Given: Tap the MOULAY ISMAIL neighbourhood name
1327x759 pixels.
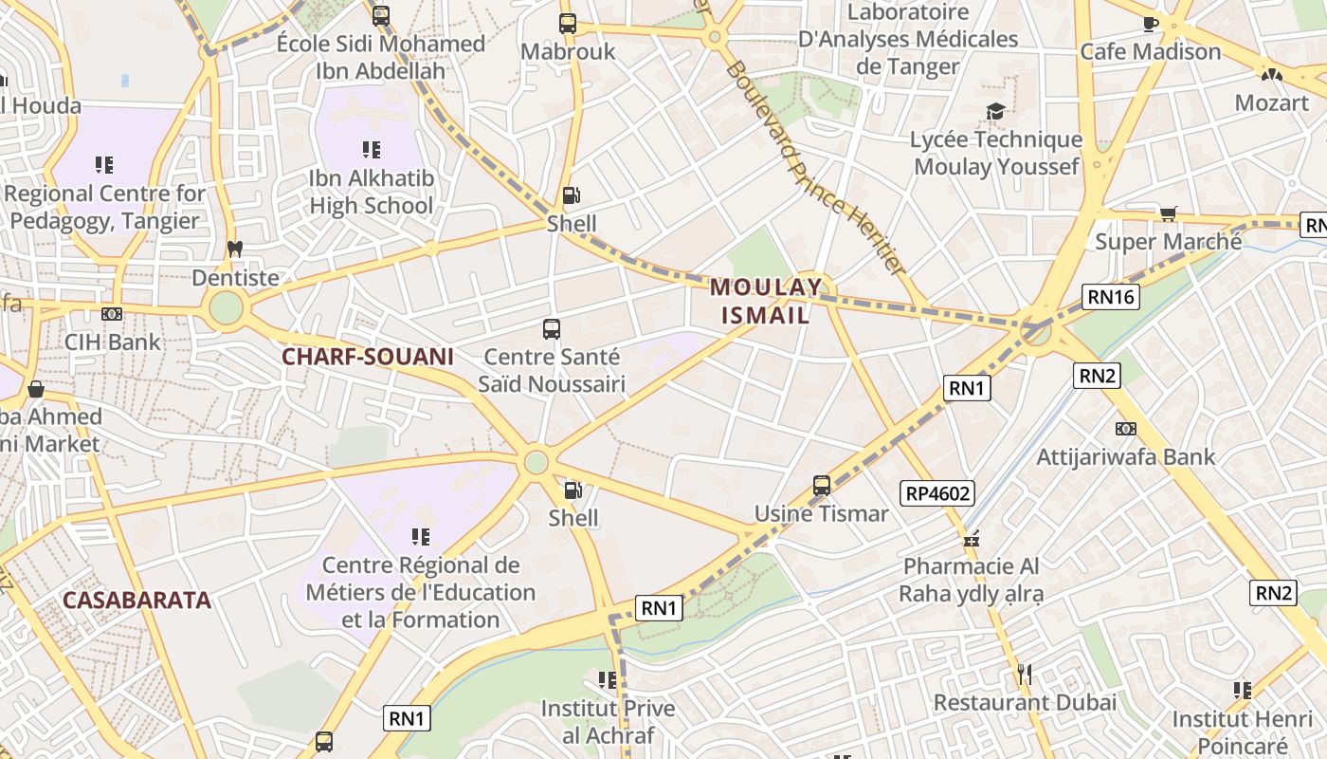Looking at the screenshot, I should [766, 301].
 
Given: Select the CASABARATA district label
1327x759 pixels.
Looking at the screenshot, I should [136, 600].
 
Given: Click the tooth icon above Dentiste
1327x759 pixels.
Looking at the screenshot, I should [235, 250].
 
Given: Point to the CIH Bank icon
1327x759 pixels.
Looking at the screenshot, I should [112, 314].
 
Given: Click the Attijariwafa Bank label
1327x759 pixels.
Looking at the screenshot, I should [1125, 457].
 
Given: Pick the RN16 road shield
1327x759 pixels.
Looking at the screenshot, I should [1111, 297].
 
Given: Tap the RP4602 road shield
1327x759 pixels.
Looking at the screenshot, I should [937, 492].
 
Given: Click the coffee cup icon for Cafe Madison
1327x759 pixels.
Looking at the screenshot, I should [1151, 23].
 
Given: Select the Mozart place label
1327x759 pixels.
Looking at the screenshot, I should [1271, 102].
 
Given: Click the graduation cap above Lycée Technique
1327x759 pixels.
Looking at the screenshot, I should [995, 112].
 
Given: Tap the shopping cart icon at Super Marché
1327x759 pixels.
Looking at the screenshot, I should [1168, 213].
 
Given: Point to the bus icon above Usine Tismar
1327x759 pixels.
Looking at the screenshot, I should [822, 486].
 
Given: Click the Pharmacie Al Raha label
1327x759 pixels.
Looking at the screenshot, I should [972, 581].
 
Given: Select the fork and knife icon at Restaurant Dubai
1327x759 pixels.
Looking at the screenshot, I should [1024, 675].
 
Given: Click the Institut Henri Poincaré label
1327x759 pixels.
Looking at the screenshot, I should [1242, 731].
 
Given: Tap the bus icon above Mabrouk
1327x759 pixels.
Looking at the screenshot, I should [568, 24].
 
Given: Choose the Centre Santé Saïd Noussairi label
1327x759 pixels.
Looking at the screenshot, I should [552, 370].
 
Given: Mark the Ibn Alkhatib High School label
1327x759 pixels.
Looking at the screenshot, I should [372, 192].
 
